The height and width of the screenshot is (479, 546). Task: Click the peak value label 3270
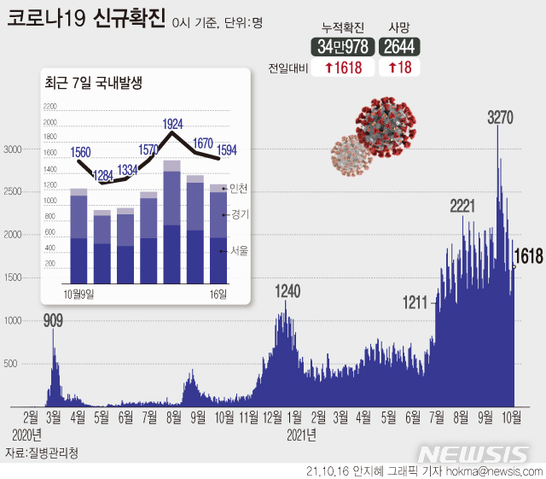[499, 118]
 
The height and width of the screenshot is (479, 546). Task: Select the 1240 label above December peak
[288, 292]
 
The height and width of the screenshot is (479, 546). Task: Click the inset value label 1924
[173, 123]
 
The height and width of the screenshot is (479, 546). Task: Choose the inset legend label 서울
[239, 250]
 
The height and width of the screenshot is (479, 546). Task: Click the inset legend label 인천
[239, 188]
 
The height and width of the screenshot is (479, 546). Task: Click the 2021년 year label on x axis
[301, 434]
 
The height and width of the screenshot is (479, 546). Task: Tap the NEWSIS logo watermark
[474, 453]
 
